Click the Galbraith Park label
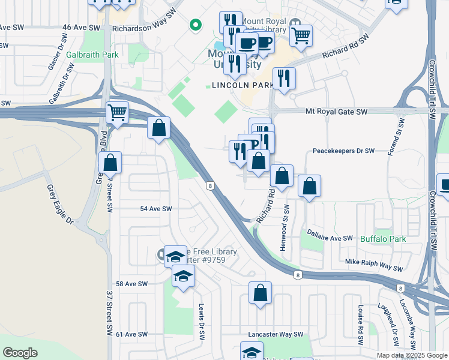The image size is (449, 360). click(x=93, y=55)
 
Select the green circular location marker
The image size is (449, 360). click(x=194, y=25)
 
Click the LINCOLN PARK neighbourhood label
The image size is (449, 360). click(x=238, y=86)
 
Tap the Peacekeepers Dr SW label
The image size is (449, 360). click(x=343, y=151)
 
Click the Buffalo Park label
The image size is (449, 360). click(x=383, y=239)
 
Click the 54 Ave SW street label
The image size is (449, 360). click(x=155, y=209)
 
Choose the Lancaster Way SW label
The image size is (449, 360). click(x=276, y=334)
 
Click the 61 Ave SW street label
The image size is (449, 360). click(x=131, y=334)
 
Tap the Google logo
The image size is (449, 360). click(x=20, y=353)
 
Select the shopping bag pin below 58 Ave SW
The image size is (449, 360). click(x=260, y=294)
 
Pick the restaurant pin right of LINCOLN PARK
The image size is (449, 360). click(x=284, y=79)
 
